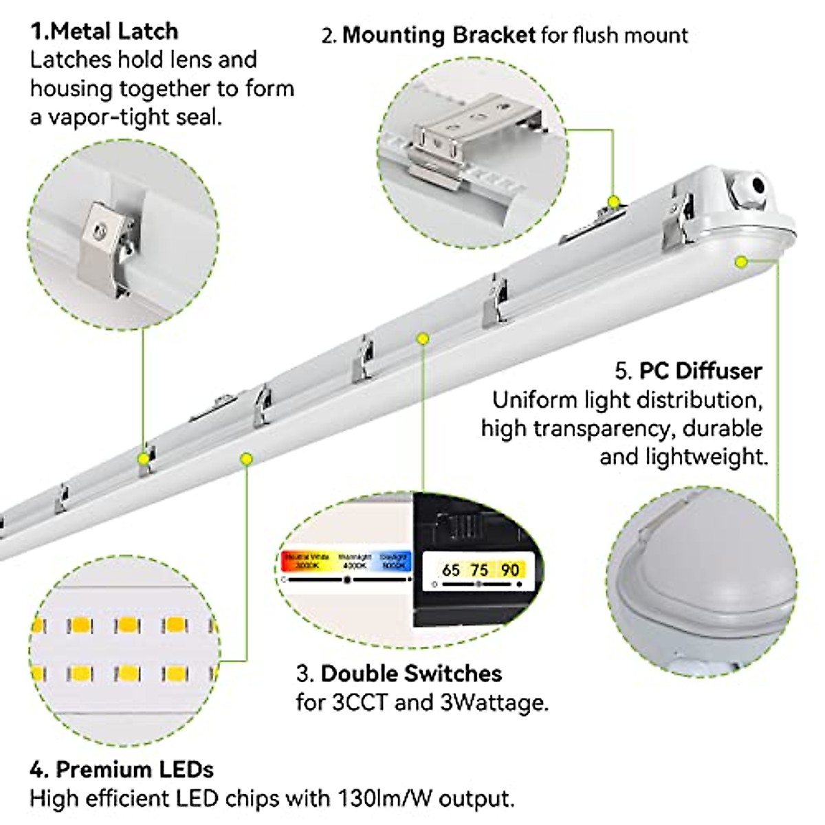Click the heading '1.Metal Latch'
[104, 31]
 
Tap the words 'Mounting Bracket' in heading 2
[439, 34]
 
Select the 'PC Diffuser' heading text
[701, 371]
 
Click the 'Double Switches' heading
[411, 673]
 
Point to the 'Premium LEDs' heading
[135, 769]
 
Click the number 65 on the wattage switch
[451, 570]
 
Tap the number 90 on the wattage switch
[509, 570]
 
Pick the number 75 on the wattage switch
[479, 570]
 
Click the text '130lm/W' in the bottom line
[386, 799]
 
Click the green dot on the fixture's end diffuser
[741, 261]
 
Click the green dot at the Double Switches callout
[423, 338]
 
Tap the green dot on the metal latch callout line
[143, 457]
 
